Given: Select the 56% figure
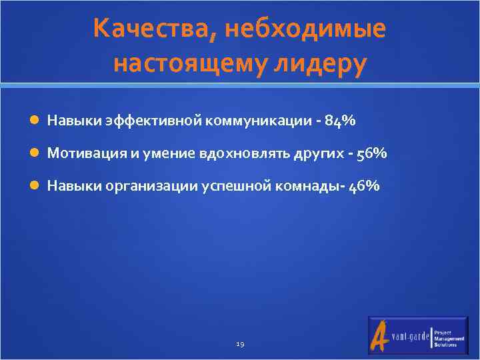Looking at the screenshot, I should pos(371,153).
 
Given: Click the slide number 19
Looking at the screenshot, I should pos(240,344).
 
